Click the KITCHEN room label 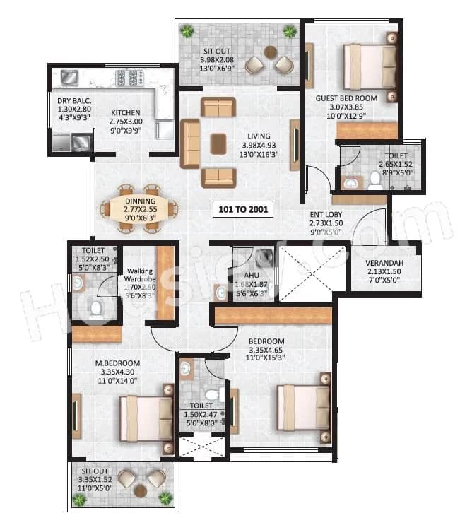pyautogui.click(x=125, y=112)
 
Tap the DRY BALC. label pyautogui.click(x=74, y=100)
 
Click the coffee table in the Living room pyautogui.click(x=218, y=143)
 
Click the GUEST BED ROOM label pyautogui.click(x=346, y=98)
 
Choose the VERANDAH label pyautogui.click(x=385, y=263)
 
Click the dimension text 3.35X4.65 pyautogui.click(x=266, y=351)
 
